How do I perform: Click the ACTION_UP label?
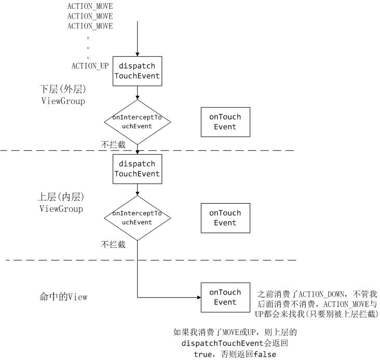(90, 66)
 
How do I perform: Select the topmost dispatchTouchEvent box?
(137, 71)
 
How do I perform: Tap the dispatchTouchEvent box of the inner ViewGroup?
(137, 169)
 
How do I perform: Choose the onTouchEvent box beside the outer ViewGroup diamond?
(225, 122)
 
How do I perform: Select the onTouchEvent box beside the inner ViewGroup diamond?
(225, 218)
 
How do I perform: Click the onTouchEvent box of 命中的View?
(225, 298)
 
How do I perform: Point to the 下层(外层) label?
(63, 89)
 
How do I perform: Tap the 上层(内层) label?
(61, 197)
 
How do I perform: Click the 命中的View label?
(63, 297)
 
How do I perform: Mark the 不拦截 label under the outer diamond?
(113, 144)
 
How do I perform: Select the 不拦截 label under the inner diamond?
(113, 244)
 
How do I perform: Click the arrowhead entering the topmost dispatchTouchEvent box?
(138, 55)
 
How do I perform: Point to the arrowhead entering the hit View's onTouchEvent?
(199, 298)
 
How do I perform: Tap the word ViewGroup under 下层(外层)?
(63, 101)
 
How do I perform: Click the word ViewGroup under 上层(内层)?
(61, 209)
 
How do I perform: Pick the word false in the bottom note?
(265, 354)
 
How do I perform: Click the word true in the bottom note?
(202, 354)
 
